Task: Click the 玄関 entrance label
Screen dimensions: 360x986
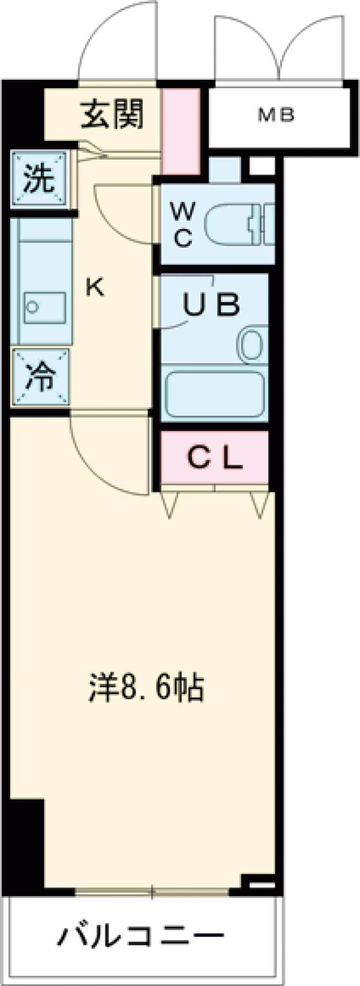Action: click(x=112, y=115)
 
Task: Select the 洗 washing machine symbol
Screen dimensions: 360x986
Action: click(x=39, y=179)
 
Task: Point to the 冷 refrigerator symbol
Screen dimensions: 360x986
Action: click(x=40, y=377)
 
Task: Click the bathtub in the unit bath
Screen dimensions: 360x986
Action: click(x=215, y=391)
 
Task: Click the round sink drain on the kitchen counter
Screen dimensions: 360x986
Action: click(x=31, y=306)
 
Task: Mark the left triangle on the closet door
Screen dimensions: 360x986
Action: click(x=169, y=504)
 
